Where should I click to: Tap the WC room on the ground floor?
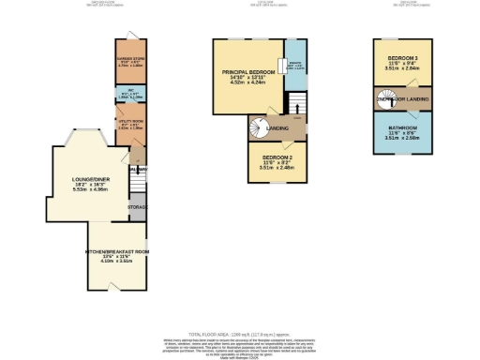tap(129, 95)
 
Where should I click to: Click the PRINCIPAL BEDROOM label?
tap(248, 72)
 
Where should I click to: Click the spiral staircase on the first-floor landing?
tap(258, 127)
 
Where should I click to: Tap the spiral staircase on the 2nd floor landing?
tap(382, 97)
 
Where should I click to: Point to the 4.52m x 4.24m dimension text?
tap(248, 84)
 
